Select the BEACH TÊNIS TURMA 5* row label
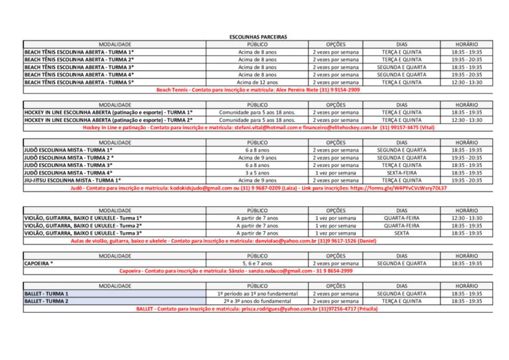coord(80,82)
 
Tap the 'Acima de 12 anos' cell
coord(257,82)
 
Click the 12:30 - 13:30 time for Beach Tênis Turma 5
coord(467,82)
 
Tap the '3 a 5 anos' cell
coord(257,172)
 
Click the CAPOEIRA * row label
coord(39,263)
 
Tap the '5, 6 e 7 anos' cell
coord(257,263)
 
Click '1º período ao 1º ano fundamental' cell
coord(257,293)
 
